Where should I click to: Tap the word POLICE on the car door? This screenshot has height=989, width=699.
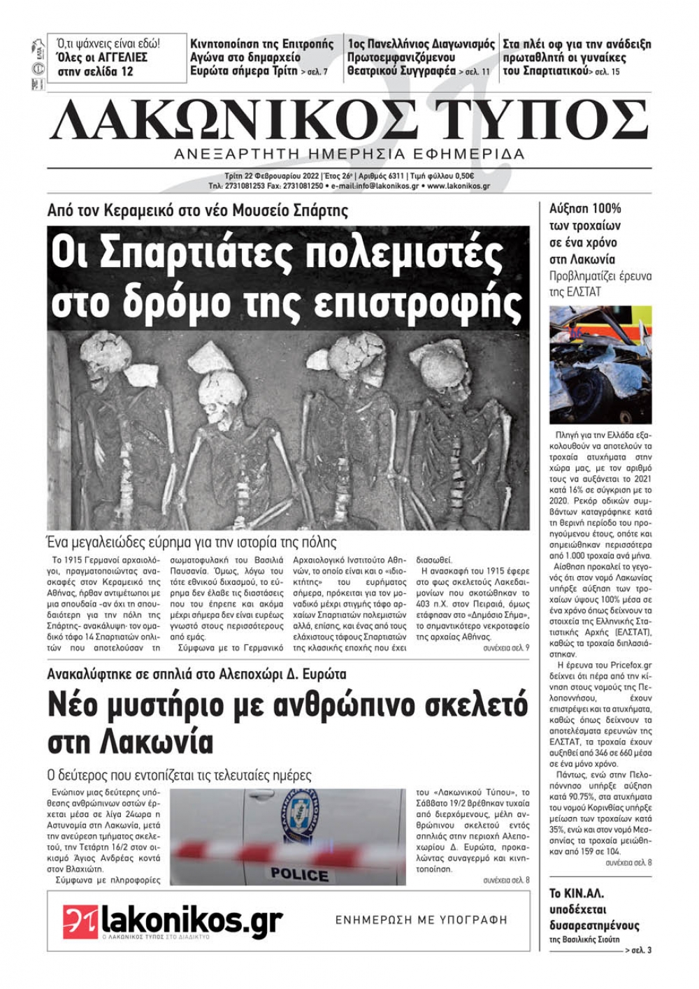tap(299, 874)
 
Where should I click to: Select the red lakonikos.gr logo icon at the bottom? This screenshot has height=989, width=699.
tap(80, 921)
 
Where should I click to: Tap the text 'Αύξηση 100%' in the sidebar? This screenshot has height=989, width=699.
tap(585, 208)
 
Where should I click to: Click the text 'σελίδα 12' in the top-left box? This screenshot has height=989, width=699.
tap(105, 71)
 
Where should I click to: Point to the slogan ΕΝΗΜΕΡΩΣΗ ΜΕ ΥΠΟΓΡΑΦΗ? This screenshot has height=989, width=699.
tap(421, 921)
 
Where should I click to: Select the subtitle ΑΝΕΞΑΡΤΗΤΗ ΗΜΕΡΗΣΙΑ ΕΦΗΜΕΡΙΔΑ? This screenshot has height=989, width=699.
tap(349, 154)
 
